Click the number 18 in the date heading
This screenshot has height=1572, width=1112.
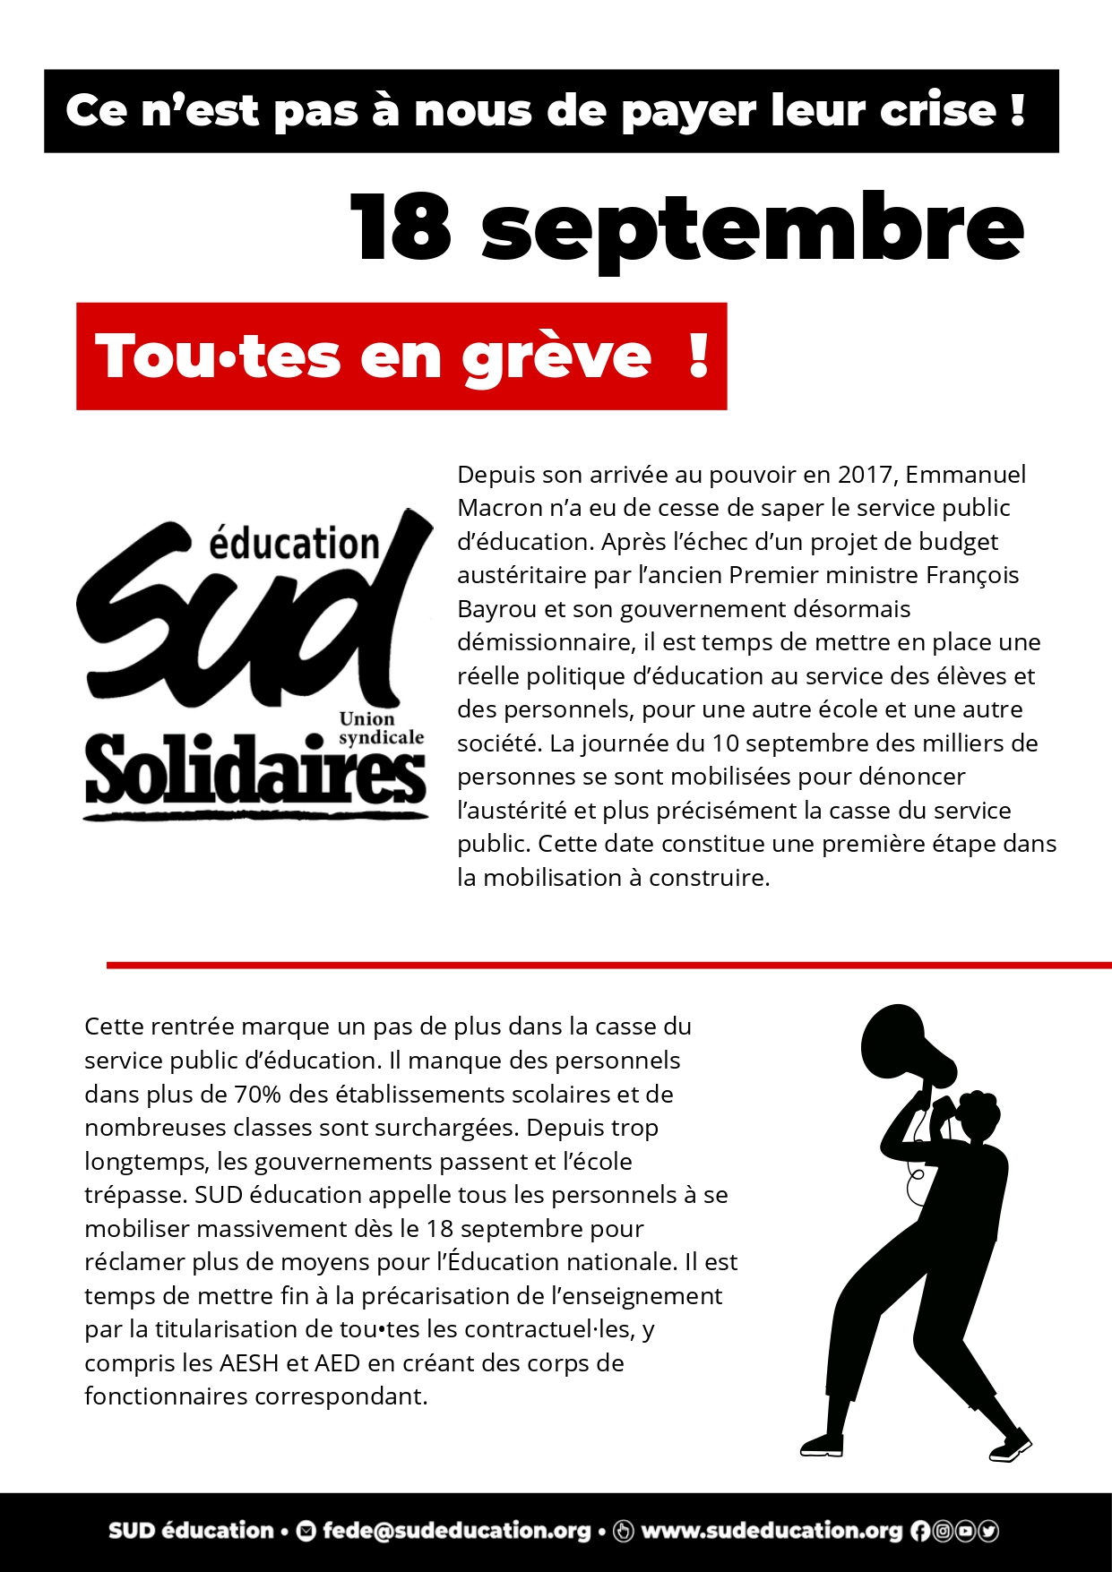[x=401, y=228]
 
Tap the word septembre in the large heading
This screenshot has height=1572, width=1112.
[x=753, y=231]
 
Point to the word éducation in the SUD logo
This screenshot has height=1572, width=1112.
[x=294, y=544]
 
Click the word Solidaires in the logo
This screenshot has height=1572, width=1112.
[x=255, y=772]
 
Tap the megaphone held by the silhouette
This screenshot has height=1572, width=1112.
[x=901, y=1048]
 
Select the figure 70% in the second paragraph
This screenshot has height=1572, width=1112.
[x=258, y=1095]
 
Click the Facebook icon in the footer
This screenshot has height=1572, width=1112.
[x=920, y=1532]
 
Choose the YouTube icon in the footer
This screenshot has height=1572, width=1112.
[x=965, y=1532]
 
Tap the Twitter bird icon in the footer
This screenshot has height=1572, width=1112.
[x=988, y=1532]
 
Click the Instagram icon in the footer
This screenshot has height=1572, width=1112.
[x=943, y=1532]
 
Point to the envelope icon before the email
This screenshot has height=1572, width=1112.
[x=306, y=1532]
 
